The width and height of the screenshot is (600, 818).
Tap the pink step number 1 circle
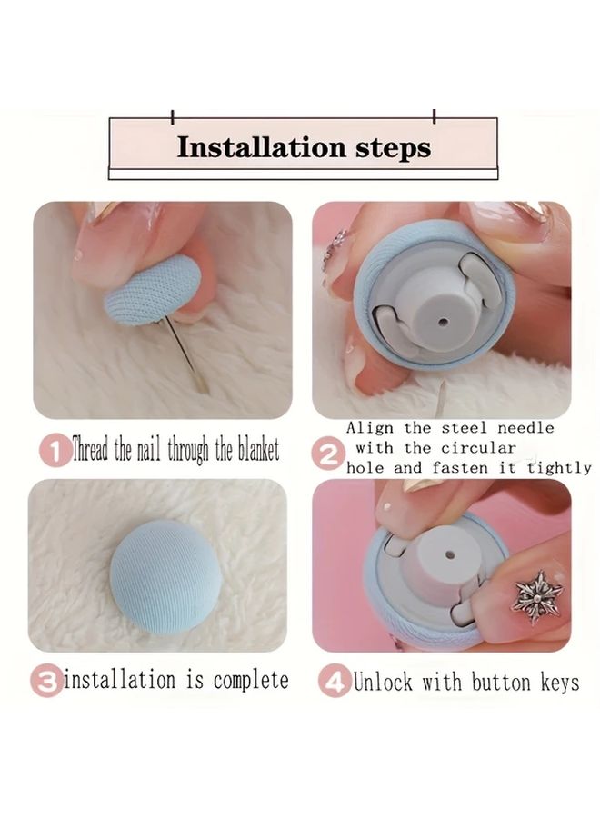coord(55,450)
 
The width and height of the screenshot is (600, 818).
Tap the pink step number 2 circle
coord(328,454)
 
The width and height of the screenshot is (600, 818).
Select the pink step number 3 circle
coord(46,681)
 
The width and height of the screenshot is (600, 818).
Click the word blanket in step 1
coord(258,449)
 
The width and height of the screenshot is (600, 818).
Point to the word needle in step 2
coord(525,428)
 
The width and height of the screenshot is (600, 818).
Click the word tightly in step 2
coord(559,467)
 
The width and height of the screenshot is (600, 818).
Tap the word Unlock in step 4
coord(384,682)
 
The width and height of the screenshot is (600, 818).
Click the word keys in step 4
coord(560,683)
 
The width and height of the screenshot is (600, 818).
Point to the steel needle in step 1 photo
coord(187,354)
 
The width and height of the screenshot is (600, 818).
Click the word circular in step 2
coord(478,447)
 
